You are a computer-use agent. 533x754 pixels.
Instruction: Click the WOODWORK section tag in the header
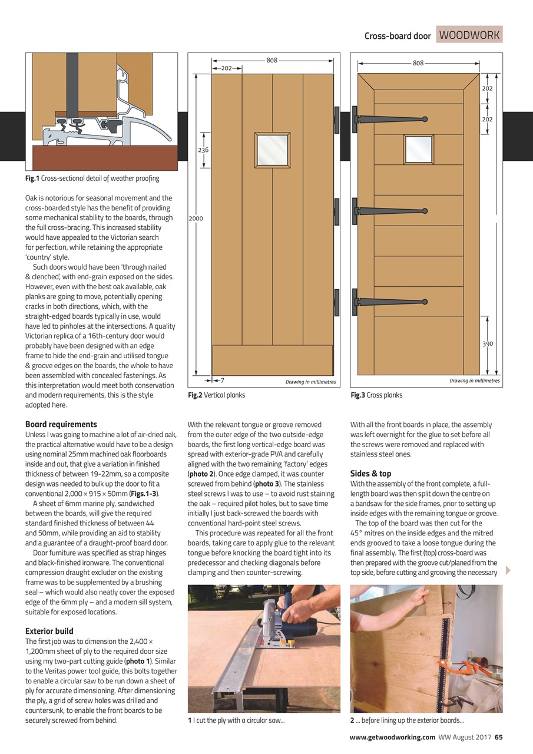(469, 35)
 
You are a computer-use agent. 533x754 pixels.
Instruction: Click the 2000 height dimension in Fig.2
(196, 219)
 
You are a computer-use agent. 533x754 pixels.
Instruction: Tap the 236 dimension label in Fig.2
(203, 150)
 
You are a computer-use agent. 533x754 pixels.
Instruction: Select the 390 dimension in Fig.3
(488, 343)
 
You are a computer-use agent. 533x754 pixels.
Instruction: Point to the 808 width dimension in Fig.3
(418, 62)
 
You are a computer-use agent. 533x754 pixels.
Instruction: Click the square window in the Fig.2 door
(272, 150)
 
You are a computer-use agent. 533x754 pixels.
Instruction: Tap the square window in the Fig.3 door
(418, 150)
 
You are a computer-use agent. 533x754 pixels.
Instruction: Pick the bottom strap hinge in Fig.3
(389, 301)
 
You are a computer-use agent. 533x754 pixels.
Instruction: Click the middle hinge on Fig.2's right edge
(337, 211)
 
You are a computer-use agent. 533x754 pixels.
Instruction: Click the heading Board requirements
(61, 424)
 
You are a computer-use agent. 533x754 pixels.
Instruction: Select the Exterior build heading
(49, 631)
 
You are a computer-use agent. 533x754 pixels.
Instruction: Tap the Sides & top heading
(370, 474)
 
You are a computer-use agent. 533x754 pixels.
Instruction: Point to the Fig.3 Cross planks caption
(376, 395)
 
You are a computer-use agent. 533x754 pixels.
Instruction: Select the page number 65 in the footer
(498, 737)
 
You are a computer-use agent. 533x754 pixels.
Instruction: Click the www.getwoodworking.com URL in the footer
(392, 737)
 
